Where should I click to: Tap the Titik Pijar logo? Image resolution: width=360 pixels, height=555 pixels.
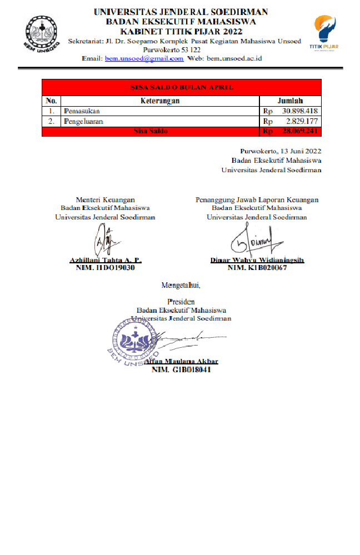pos(325,32)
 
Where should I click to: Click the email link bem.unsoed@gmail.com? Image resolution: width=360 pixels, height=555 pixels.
pos(144,58)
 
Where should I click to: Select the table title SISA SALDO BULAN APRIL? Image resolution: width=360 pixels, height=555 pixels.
pos(182,88)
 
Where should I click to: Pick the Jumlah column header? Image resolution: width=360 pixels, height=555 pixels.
pos(290,101)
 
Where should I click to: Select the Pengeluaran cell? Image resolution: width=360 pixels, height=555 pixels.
pos(83,121)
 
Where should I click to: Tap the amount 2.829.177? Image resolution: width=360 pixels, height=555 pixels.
pos(302,121)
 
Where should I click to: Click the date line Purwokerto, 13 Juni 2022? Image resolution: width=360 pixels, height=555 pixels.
pos(280,151)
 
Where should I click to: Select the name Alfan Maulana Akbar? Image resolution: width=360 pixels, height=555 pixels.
pos(181,362)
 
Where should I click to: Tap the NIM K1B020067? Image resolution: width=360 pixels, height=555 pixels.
pos(257,268)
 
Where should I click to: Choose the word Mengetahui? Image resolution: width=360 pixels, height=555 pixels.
pos(181,286)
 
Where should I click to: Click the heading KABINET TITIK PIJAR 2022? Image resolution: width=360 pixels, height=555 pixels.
pos(181,31)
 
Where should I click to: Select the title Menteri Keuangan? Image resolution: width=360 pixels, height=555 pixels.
pos(105,199)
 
